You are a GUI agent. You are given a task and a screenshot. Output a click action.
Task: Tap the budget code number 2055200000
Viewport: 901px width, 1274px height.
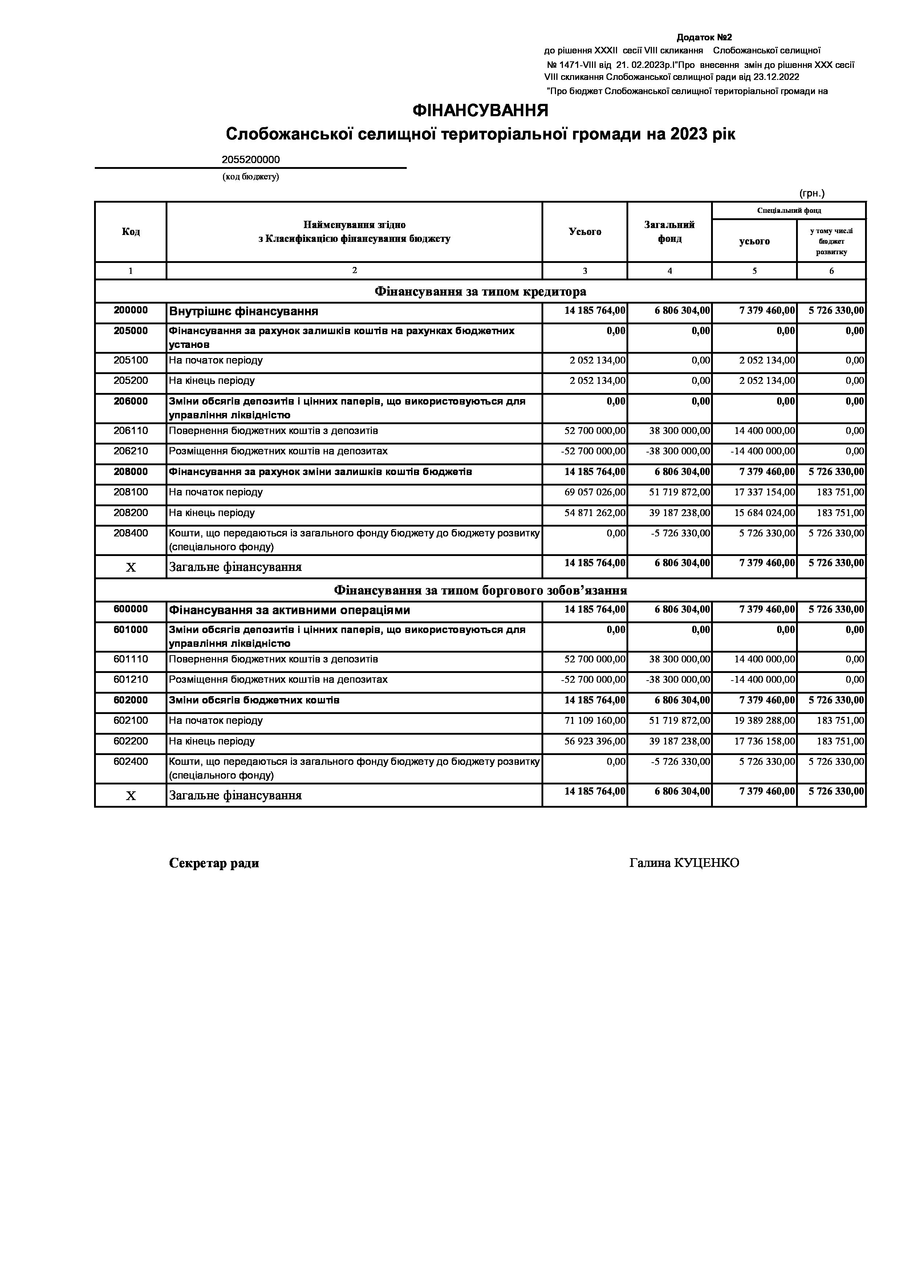(x=251, y=160)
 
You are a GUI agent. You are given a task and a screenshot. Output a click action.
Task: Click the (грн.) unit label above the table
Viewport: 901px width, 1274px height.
(x=812, y=193)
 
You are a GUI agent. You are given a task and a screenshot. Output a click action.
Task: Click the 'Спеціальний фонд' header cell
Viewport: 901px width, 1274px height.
(x=788, y=210)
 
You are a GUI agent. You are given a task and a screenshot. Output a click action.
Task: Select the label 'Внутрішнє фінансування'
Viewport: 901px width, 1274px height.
(x=244, y=311)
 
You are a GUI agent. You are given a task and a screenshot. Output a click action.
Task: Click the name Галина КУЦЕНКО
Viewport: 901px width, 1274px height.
(x=684, y=863)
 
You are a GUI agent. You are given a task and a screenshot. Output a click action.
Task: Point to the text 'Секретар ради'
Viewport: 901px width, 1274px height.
(x=214, y=863)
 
